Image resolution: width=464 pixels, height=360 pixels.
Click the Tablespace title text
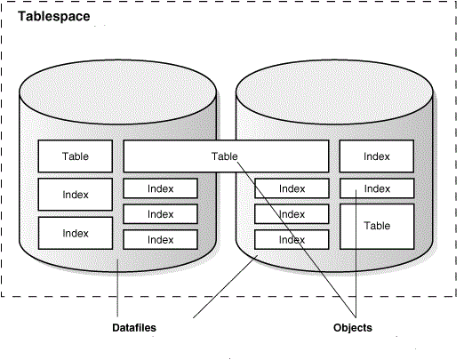click(52, 16)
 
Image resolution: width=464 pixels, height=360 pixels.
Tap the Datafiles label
click(133, 328)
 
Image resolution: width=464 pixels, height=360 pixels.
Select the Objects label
click(352, 328)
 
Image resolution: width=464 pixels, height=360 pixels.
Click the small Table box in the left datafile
click(75, 156)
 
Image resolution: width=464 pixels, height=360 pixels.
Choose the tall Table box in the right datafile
click(377, 227)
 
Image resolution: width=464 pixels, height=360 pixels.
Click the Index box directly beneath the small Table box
click(75, 195)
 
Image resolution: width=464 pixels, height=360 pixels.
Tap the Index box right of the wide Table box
click(377, 156)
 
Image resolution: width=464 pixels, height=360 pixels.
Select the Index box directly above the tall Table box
click(377, 188)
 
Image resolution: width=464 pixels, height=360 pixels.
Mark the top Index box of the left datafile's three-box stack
click(160, 188)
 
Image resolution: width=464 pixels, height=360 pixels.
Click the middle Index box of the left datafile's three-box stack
click(160, 213)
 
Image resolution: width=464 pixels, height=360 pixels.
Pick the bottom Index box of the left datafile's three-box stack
click(160, 239)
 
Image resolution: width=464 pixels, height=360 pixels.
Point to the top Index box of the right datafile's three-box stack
click(292, 188)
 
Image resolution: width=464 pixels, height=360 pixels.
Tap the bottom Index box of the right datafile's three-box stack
click(292, 240)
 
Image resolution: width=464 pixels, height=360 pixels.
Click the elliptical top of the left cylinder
click(117, 90)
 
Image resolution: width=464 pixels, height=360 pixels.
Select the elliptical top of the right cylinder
click(334, 90)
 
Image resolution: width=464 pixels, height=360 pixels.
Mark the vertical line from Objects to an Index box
click(356, 267)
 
